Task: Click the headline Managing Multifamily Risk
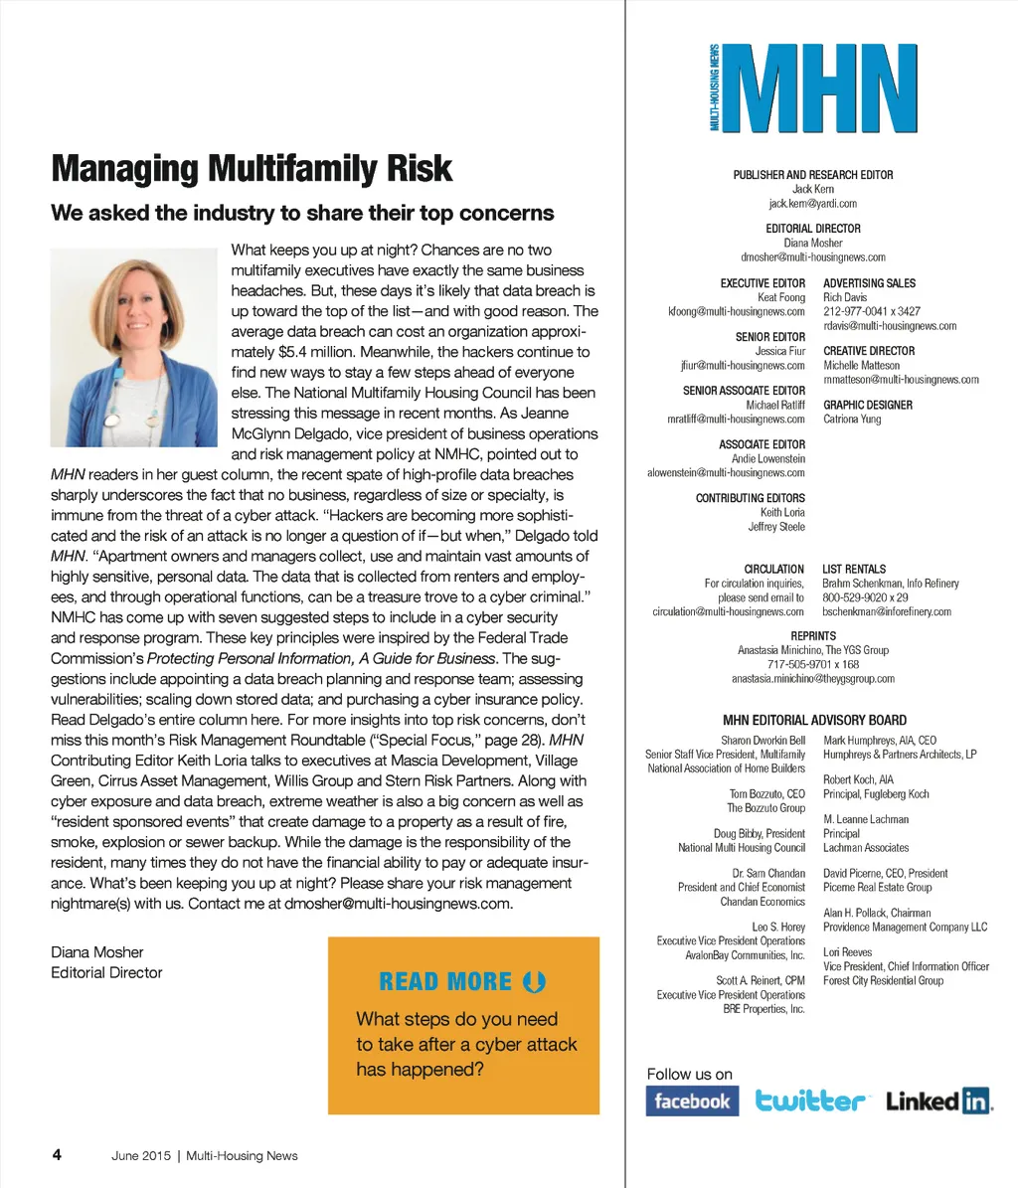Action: (252, 169)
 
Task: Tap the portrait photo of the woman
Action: (133, 347)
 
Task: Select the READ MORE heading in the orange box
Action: (446, 982)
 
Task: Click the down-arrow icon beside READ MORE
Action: (534, 982)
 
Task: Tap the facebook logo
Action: (692, 1102)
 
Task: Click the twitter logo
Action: (811, 1102)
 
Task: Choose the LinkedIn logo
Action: (939, 1102)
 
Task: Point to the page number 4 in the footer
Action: (57, 1155)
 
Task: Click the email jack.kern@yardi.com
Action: (812, 204)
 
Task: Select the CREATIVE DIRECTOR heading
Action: (869, 351)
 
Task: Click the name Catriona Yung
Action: (852, 420)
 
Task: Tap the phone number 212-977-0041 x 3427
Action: (872, 312)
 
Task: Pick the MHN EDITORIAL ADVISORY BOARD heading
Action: (814, 721)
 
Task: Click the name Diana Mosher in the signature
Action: (96, 952)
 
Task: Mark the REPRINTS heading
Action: (813, 636)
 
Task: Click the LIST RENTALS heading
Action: (854, 570)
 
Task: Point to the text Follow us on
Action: (689, 1074)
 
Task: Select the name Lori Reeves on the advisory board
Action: (847, 952)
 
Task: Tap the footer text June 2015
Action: (141, 1156)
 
